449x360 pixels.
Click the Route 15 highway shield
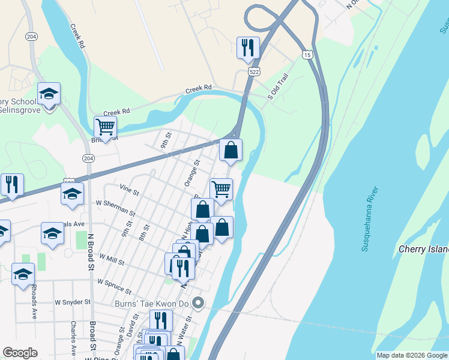coord(307,55)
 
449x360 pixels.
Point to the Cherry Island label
coord(424,249)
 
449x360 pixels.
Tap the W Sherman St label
coord(116,207)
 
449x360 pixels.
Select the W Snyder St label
coord(72,302)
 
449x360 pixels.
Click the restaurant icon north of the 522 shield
coord(247,47)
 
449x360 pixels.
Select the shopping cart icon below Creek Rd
coord(105,127)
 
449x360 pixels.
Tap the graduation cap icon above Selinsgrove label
coord(49,93)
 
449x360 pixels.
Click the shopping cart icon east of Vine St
coord(221,189)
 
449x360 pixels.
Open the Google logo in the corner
coord(20,353)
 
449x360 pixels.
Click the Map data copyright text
coord(412,355)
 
